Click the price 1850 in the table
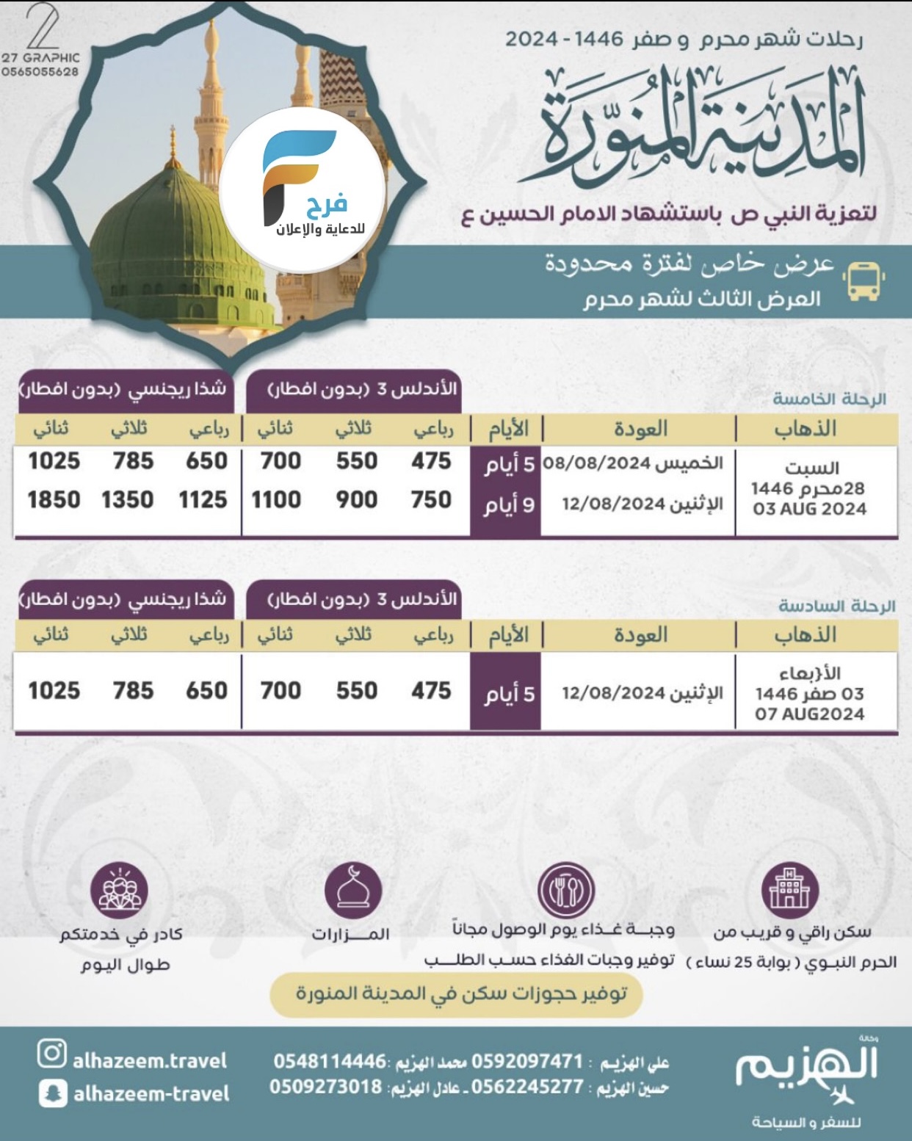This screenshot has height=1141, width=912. (x=54, y=500)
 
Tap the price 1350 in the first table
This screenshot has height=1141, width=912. (x=128, y=500)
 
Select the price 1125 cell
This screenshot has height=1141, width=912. (x=203, y=500)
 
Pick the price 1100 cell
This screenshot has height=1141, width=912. (x=276, y=500)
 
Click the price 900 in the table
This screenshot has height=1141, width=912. (x=356, y=500)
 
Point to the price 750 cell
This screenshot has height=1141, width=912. (x=431, y=500)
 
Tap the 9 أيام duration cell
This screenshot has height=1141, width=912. (x=508, y=504)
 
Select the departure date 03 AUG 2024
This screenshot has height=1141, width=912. (x=809, y=509)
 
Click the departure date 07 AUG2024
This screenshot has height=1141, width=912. (x=809, y=714)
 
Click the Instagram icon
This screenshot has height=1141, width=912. (x=52, y=1054)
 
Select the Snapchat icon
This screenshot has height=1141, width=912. (x=52, y=1093)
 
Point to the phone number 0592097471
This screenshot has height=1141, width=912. (x=527, y=1062)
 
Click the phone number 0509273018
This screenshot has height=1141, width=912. (x=325, y=1087)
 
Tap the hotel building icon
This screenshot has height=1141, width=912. (x=789, y=889)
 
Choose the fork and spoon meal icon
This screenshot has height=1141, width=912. (x=565, y=891)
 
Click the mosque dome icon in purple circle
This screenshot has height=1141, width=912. (x=353, y=891)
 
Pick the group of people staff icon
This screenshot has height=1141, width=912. (x=119, y=891)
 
